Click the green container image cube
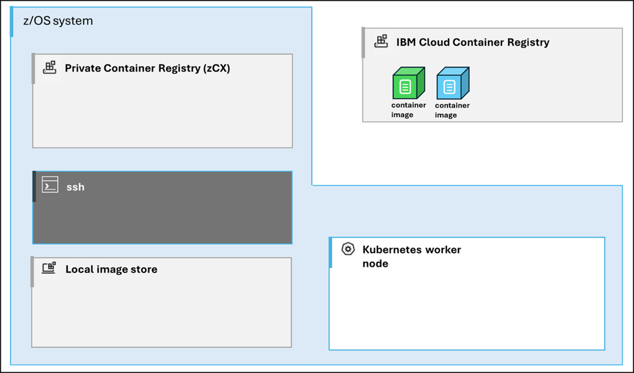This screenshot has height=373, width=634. pos(408,83)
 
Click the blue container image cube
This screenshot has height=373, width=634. pos(452,83)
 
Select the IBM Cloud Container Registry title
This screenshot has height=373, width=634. pos(473,42)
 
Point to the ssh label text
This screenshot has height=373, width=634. pos(75,187)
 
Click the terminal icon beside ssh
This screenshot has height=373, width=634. pos(50,186)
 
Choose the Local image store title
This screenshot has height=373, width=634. pos(111,270)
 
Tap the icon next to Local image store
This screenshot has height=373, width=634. pos(49,268)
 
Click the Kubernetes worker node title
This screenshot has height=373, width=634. pos(412,256)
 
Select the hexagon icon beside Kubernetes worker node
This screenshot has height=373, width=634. pos(348,250)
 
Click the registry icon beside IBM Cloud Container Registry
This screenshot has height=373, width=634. pos(380,41)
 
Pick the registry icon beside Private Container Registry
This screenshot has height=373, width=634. pos(50,68)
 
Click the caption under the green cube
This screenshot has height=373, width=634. pos(408,110)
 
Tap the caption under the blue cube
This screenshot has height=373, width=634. pos(452,110)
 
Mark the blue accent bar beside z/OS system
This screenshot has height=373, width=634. pos(12,22)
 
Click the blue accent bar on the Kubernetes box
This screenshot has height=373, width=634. pos(330,252)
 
